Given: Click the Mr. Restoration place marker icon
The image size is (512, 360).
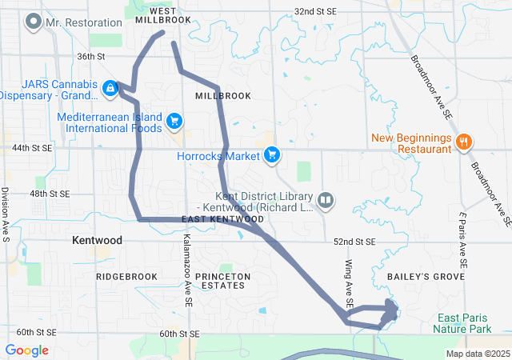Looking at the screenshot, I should click(34, 22).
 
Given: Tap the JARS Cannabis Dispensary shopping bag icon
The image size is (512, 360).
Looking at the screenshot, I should click(108, 86).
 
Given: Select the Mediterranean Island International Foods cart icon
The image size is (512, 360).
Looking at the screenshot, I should click(174, 122).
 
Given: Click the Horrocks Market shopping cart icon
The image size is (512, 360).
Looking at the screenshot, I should click(273, 154).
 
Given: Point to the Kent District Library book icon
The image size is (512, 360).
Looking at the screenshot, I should click(326, 199).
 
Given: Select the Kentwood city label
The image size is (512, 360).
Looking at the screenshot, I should click(97, 240).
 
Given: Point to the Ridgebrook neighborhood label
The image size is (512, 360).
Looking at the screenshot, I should click(126, 276).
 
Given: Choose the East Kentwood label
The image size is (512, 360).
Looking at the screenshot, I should click(222, 219).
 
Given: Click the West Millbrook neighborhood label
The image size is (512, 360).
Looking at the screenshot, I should click(163, 14).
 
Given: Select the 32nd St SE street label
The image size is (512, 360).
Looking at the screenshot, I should click(314, 12).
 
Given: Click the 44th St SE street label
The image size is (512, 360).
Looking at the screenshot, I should click(32, 148).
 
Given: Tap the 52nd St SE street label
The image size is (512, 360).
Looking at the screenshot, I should click(354, 241).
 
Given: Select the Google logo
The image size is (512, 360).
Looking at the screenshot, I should click(26, 350).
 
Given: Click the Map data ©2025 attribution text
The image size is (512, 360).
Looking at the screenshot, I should click(478, 354).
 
